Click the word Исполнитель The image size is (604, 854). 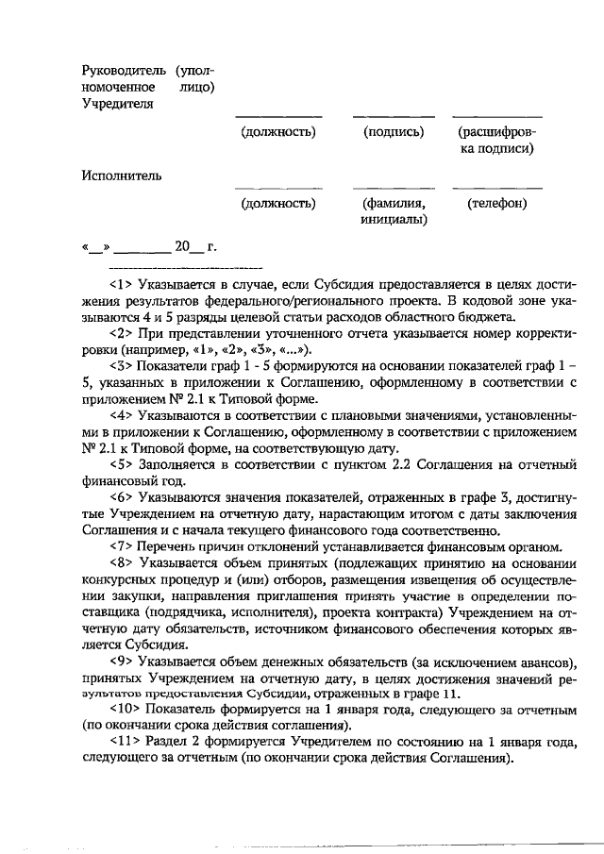click(x=121, y=174)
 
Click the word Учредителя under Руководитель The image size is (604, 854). click(x=117, y=103)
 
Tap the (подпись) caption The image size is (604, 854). click(x=394, y=132)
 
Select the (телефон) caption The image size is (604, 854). click(x=497, y=203)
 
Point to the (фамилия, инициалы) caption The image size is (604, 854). click(x=394, y=211)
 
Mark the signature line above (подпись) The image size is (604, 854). click(x=394, y=117)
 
